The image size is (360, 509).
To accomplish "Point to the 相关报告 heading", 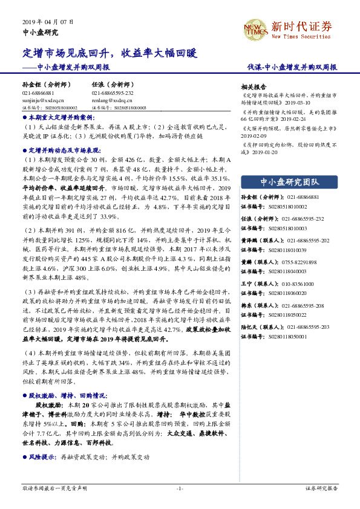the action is point(254,86).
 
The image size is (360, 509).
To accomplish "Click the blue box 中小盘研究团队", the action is point(289,181).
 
